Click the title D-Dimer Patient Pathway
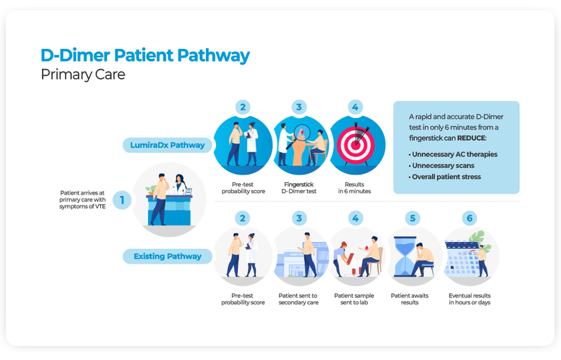pyautogui.click(x=145, y=55)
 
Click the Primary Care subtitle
pyautogui.click(x=83, y=75)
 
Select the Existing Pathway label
pyautogui.click(x=167, y=256)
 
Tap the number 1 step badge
pyautogui.click(x=122, y=200)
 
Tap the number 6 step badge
pyautogui.click(x=469, y=218)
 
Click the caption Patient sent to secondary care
pyautogui.click(x=299, y=299)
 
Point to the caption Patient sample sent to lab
pyautogui.click(x=354, y=299)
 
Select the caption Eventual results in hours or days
pyautogui.click(x=469, y=299)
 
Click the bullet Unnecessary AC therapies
pyautogui.click(x=454, y=155)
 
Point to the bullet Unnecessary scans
pyautogui.click(x=442, y=165)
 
